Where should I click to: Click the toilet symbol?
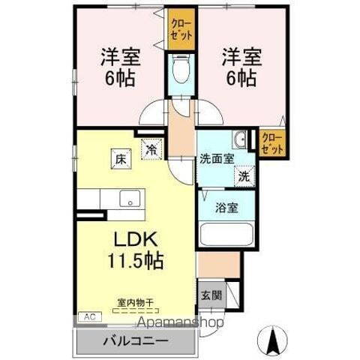coord(180,73)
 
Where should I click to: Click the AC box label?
coord(89,316)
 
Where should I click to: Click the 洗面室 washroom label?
coord(216,159)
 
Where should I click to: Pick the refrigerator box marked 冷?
coord(151,151)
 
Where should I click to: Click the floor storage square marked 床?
coord(119,158)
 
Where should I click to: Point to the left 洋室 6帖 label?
coord(119,66)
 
